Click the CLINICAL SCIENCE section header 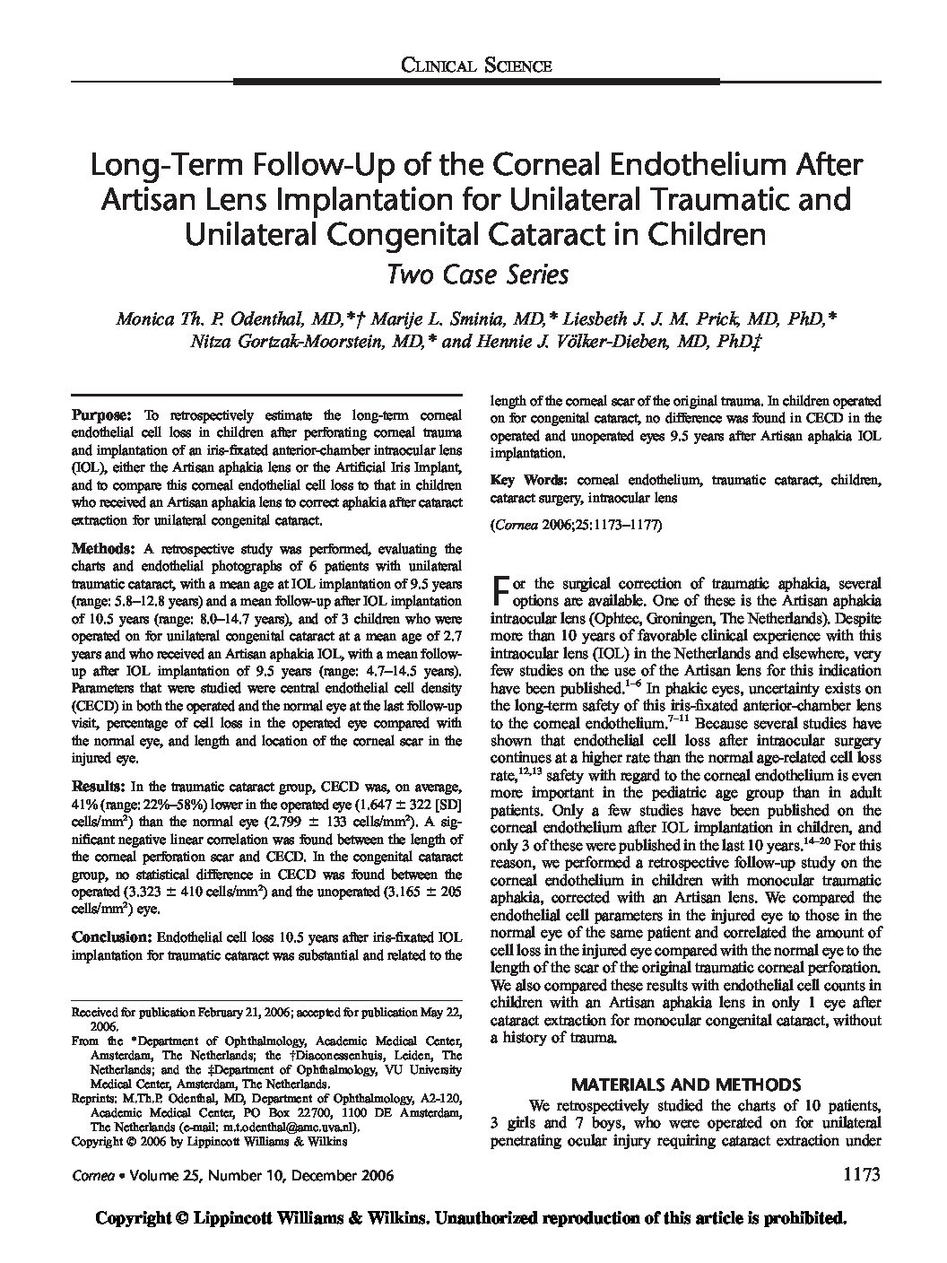[x=475, y=64]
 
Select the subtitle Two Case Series [x=475, y=274]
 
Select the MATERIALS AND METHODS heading [x=685, y=1084]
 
